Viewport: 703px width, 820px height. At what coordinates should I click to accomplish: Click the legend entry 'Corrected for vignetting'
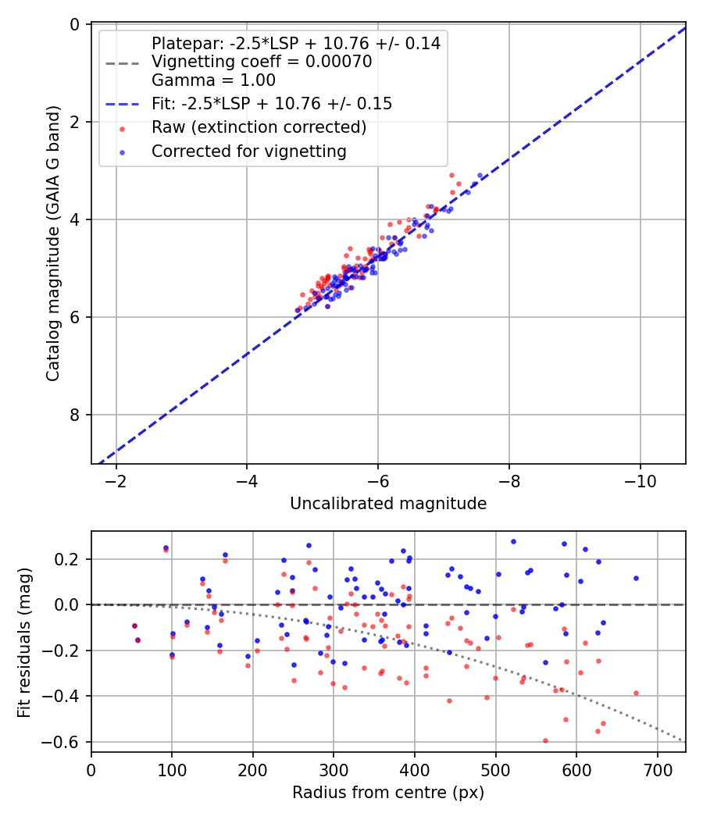pyautogui.click(x=248, y=152)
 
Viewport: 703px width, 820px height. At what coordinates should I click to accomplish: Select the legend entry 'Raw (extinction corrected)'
pyautogui.click(x=259, y=127)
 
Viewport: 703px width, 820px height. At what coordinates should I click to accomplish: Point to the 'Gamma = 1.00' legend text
pyautogui.click(x=213, y=80)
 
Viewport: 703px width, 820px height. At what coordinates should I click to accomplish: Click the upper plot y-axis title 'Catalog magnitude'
pyautogui.click(x=52, y=244)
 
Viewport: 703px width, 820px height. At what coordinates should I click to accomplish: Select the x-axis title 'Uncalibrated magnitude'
pyautogui.click(x=388, y=504)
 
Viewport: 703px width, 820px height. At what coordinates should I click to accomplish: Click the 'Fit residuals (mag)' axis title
pyautogui.click(x=24, y=642)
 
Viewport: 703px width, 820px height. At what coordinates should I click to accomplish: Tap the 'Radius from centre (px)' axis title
pyautogui.click(x=388, y=793)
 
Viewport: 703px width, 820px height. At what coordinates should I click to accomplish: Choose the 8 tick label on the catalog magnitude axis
pyautogui.click(x=75, y=415)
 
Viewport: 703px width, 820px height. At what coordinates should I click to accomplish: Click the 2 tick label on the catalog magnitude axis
pyautogui.click(x=75, y=122)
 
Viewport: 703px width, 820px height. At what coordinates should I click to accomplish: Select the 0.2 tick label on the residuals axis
pyautogui.click(x=71, y=559)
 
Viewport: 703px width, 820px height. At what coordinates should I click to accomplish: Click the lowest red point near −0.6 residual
pyautogui.click(x=545, y=740)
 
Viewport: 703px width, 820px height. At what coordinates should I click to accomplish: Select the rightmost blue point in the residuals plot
pyautogui.click(x=636, y=578)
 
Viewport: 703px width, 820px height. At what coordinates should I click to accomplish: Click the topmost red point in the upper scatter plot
pyautogui.click(x=451, y=175)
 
